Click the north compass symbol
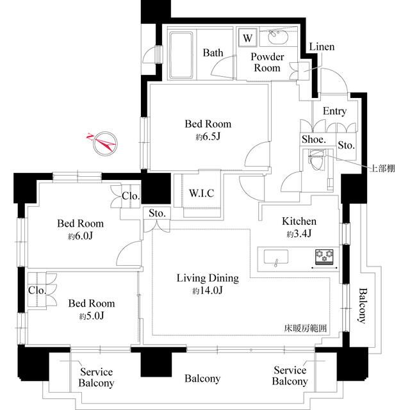(x=102, y=143)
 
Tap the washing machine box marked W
(x=248, y=38)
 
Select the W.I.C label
(x=201, y=193)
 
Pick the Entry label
(x=334, y=111)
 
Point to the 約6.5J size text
(x=208, y=136)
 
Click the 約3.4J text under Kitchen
(x=299, y=234)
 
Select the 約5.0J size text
(x=92, y=316)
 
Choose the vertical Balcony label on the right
(x=362, y=306)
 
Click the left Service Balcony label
(x=96, y=378)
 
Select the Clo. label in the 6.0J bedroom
(x=130, y=196)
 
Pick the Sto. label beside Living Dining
(x=157, y=214)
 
